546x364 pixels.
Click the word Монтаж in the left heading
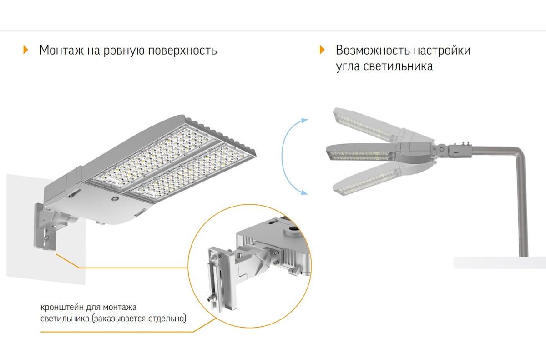pyautogui.click(x=61, y=50)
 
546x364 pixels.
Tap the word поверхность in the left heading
pyautogui.click(x=182, y=51)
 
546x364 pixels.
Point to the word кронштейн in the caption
pyautogui.click(x=62, y=308)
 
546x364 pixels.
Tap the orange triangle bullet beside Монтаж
pyautogui.click(x=25, y=50)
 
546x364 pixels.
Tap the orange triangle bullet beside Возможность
pyautogui.click(x=322, y=50)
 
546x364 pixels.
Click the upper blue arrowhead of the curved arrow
pyautogui.click(x=304, y=120)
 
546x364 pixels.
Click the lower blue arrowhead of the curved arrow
pyautogui.click(x=304, y=192)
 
